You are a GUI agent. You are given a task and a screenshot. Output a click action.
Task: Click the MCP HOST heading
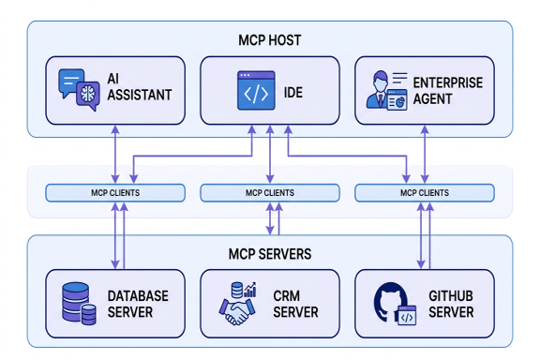pos(270,40)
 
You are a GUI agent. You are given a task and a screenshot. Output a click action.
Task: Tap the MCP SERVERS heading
pos(270,254)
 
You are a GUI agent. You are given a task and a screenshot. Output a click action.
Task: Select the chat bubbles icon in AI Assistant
pos(79,90)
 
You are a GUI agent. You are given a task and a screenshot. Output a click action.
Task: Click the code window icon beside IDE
pos(256,91)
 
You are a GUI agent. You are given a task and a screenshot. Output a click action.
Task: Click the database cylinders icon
pos(79,304)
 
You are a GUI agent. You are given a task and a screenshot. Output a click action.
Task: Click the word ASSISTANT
pos(140,95)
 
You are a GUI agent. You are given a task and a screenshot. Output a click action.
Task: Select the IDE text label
pos(293,92)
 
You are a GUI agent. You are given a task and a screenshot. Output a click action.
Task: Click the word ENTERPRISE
pos(448,82)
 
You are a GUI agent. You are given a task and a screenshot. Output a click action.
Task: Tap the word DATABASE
pos(138,296)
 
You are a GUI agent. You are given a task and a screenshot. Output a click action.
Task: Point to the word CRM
pos(287,296)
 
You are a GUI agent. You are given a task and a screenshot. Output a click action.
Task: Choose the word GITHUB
pos(450,296)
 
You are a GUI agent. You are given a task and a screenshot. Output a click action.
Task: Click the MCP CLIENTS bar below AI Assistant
pos(115,193)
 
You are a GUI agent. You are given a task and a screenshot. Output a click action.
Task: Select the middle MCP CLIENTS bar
pos(270,193)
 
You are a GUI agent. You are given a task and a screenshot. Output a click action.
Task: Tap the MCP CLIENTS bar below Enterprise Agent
pos(425,193)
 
